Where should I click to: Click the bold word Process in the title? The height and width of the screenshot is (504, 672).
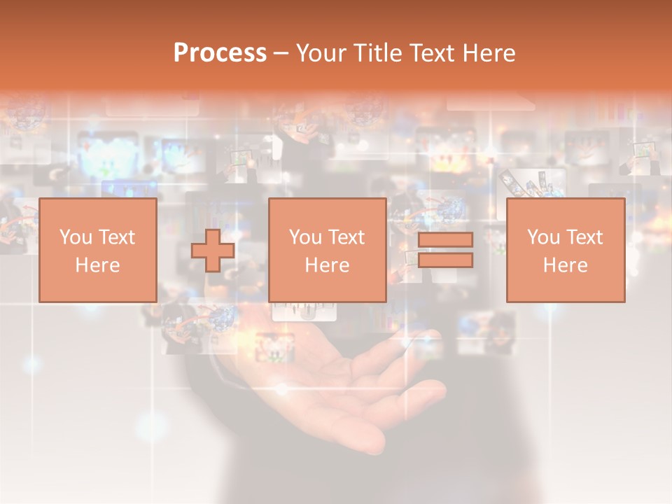click(220, 53)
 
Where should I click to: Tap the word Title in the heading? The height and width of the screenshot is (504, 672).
click(375, 53)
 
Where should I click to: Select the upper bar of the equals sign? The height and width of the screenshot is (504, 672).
click(445, 240)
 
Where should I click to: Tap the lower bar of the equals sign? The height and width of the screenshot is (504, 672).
click(445, 261)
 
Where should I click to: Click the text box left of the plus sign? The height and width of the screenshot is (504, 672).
click(98, 250)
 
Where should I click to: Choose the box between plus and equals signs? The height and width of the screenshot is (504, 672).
click(327, 250)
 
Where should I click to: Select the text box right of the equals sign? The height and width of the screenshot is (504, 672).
click(565, 250)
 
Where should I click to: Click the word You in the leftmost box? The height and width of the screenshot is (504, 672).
click(75, 237)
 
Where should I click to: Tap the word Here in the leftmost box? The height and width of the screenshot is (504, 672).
click(98, 265)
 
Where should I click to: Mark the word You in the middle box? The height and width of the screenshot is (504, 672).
click(304, 237)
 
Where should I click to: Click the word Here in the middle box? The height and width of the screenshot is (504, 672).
click(327, 265)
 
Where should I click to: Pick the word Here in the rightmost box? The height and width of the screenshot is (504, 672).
click(565, 265)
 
